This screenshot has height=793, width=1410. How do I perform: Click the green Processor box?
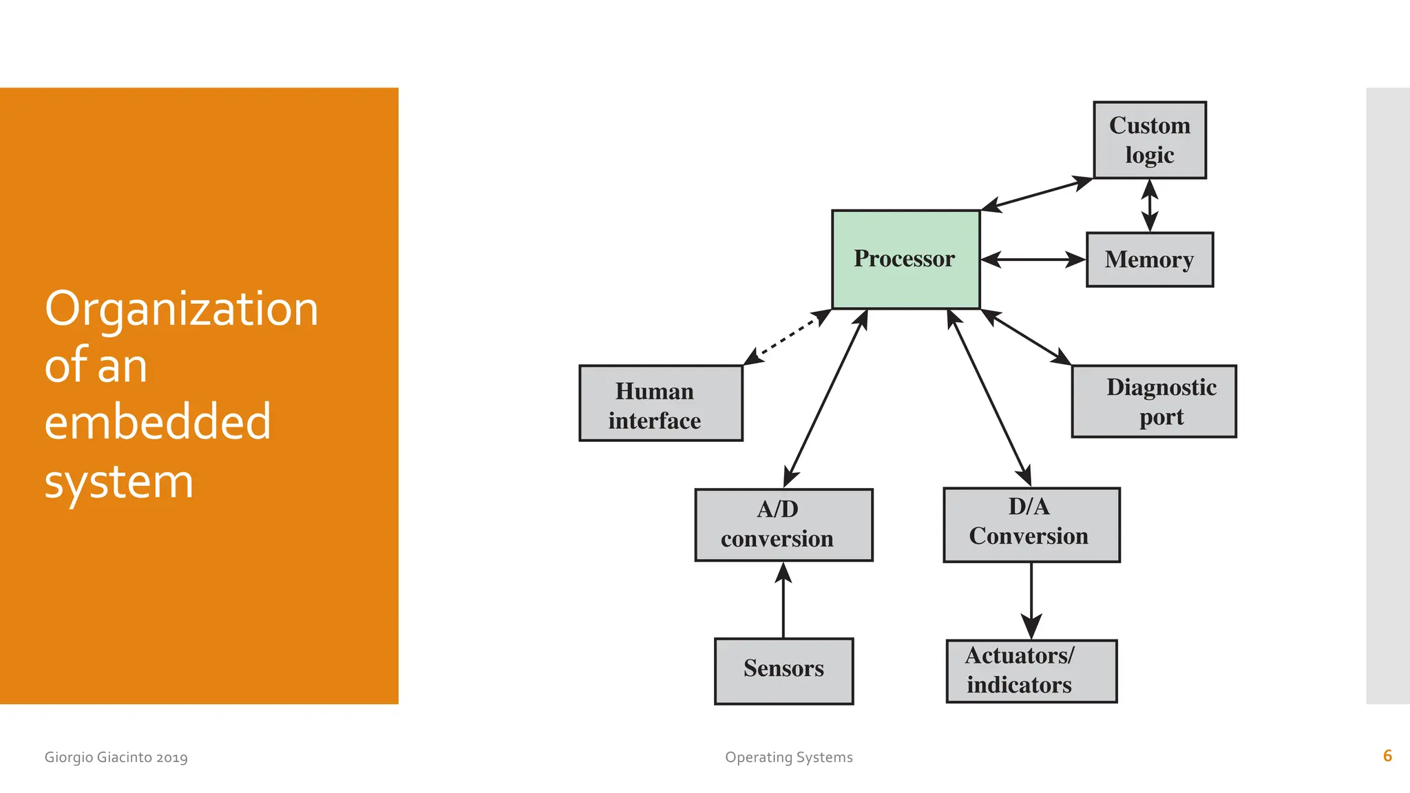pyautogui.click(x=905, y=260)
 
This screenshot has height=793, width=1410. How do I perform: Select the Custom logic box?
pyautogui.click(x=1149, y=140)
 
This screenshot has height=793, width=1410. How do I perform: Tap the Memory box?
pyautogui.click(x=1149, y=260)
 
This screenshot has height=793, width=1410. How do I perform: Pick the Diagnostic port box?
pyautogui.click(x=1154, y=401)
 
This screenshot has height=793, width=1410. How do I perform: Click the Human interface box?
pyautogui.click(x=660, y=403)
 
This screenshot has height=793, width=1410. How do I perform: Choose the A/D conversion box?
pyautogui.click(x=783, y=525)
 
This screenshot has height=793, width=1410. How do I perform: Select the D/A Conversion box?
pyautogui.click(x=1031, y=525)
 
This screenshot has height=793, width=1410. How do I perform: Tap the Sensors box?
pyautogui.click(x=783, y=670)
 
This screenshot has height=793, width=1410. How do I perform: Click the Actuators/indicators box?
pyautogui.click(x=1031, y=670)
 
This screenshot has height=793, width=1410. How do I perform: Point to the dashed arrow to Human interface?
pyautogui.click(x=788, y=337)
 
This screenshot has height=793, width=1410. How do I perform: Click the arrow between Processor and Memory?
pyautogui.click(x=1033, y=260)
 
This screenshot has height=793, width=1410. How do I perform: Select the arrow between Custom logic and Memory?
pyautogui.click(x=1149, y=205)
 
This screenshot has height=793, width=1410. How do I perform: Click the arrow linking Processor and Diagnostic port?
pyautogui.click(x=1026, y=337)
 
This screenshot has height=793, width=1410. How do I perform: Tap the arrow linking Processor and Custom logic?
pyautogui.click(x=1036, y=194)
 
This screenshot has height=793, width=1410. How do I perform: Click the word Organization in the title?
pyautogui.click(x=181, y=309)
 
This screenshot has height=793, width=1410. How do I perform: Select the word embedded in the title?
pyautogui.click(x=158, y=422)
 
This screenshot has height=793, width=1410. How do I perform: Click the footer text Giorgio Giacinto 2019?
pyautogui.click(x=116, y=757)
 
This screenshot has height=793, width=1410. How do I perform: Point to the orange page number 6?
pyautogui.click(x=1387, y=756)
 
